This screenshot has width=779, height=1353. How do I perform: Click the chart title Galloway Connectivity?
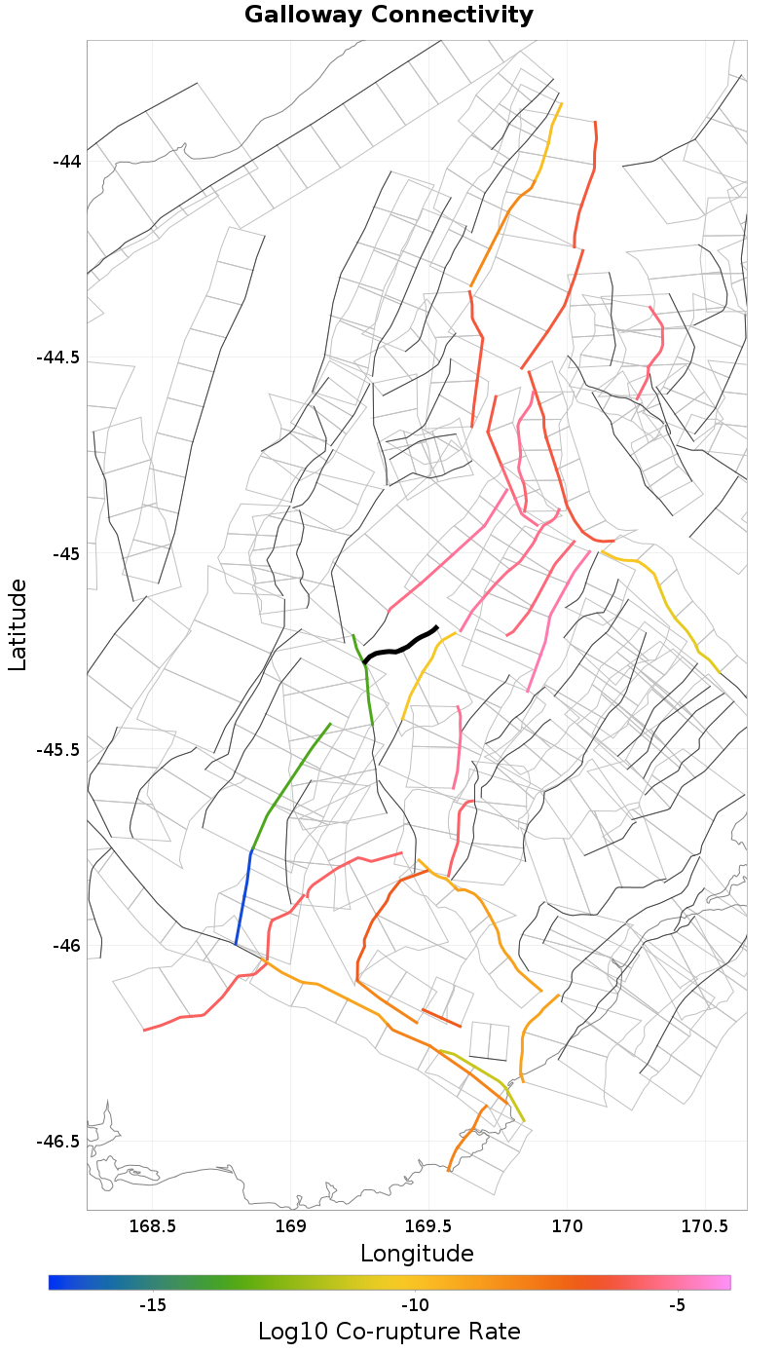click(389, 15)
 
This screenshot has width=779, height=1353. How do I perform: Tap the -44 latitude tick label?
click(66, 161)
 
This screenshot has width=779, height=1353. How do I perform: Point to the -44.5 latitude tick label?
click(58, 357)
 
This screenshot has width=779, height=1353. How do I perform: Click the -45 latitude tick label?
click(66, 553)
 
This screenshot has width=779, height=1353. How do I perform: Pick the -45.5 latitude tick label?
click(58, 749)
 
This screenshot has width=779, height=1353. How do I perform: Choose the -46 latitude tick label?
click(66, 946)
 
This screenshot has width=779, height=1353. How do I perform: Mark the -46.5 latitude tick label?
click(58, 1142)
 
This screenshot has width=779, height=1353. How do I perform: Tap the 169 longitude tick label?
click(291, 1225)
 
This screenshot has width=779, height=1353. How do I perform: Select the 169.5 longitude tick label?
click(428, 1225)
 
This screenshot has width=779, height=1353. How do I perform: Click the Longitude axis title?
click(417, 1253)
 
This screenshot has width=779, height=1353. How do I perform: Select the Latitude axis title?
click(18, 624)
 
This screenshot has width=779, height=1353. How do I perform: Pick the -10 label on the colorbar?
click(416, 1305)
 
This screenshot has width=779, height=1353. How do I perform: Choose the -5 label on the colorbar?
click(679, 1305)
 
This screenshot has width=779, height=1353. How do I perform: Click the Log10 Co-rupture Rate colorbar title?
click(389, 1332)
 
